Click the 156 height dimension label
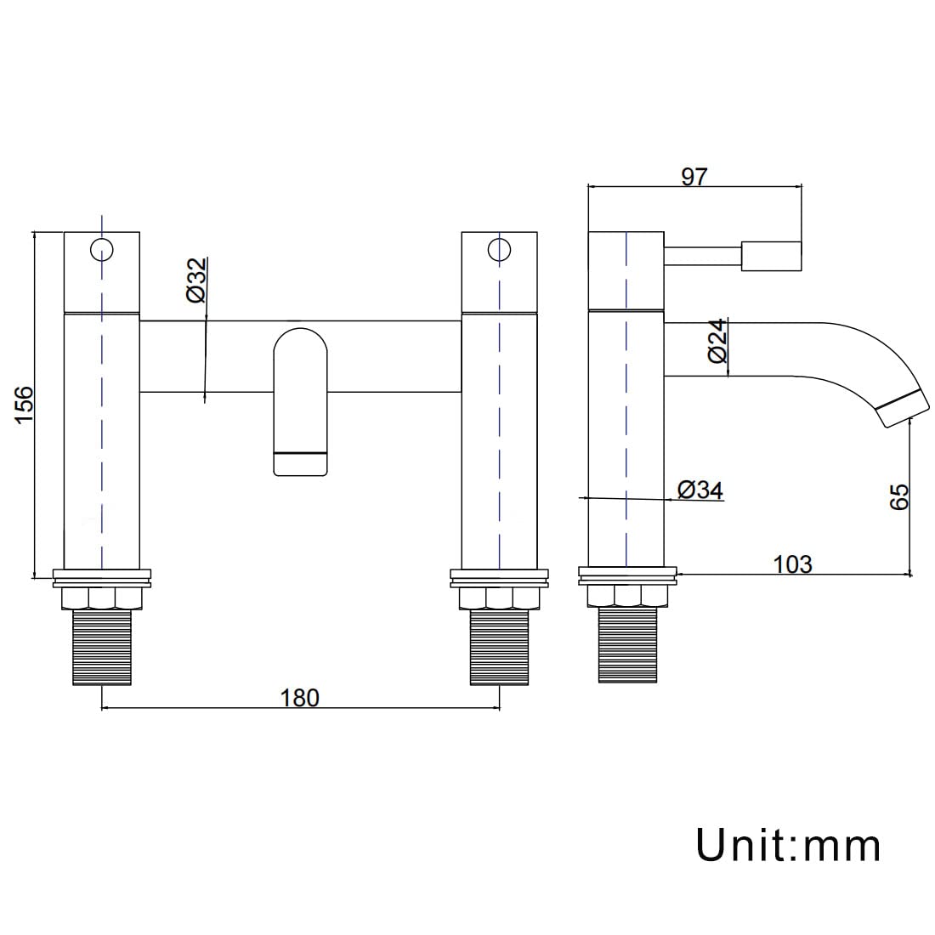(25, 405)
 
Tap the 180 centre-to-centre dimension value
(300, 698)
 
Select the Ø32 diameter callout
(196, 280)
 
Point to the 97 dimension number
(694, 177)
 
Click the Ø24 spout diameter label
(718, 341)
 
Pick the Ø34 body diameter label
(700, 490)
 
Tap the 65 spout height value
(899, 496)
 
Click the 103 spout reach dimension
(792, 564)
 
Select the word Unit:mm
(788, 844)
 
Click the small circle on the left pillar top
(102, 250)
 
